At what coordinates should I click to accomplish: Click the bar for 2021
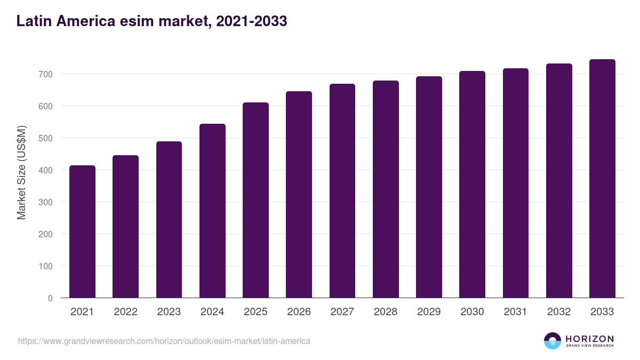click(82, 232)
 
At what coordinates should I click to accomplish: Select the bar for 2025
click(255, 201)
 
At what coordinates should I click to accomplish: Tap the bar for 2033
click(602, 179)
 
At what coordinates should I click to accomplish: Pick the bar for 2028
click(386, 189)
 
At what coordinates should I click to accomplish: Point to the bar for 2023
click(169, 220)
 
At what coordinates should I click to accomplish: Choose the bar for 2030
click(472, 185)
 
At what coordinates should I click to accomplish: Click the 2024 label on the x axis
click(212, 312)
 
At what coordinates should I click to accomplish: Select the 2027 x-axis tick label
click(342, 312)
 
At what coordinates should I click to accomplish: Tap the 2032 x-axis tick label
click(559, 312)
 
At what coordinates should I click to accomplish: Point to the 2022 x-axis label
click(125, 312)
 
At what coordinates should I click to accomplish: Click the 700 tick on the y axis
click(46, 74)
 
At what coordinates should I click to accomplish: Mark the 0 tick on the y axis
click(50, 298)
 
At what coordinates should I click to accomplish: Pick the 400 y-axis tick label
click(46, 170)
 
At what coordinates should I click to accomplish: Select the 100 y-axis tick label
click(46, 266)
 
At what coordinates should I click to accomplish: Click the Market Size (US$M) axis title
click(21, 172)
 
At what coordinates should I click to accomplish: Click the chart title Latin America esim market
click(152, 21)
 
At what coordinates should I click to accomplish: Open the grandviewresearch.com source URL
click(164, 341)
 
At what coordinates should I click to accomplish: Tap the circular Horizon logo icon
click(553, 341)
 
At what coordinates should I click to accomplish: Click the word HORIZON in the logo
click(589, 338)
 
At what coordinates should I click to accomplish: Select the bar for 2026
click(299, 195)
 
